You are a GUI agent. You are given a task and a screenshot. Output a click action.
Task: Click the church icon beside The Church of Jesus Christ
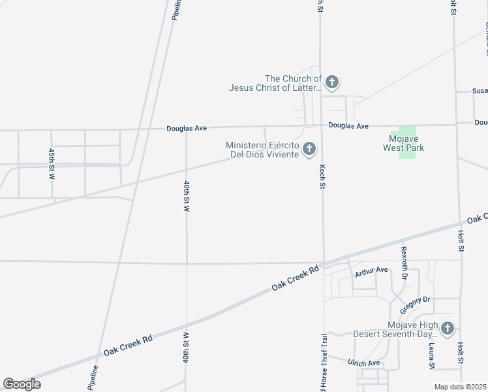(x=331, y=82)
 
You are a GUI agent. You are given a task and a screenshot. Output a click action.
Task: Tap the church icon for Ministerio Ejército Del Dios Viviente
(x=309, y=150)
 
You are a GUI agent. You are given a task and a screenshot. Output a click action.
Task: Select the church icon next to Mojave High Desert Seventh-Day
(x=447, y=329)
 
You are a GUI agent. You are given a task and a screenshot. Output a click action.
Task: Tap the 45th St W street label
(x=52, y=163)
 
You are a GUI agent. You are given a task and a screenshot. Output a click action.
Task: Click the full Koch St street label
(x=322, y=177)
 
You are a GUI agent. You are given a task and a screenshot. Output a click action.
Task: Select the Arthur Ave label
(x=371, y=270)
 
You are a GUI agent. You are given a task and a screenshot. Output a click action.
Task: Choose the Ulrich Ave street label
(x=364, y=363)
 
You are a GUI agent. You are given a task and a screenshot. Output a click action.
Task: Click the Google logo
(x=22, y=384)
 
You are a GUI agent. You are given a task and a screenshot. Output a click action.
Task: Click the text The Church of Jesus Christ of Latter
(x=275, y=83)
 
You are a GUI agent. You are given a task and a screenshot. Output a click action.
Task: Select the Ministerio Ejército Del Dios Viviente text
(x=262, y=150)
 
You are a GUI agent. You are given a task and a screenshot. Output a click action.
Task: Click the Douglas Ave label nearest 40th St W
(x=187, y=129)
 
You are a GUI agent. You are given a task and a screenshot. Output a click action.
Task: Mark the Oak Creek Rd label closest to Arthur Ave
(x=296, y=278)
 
